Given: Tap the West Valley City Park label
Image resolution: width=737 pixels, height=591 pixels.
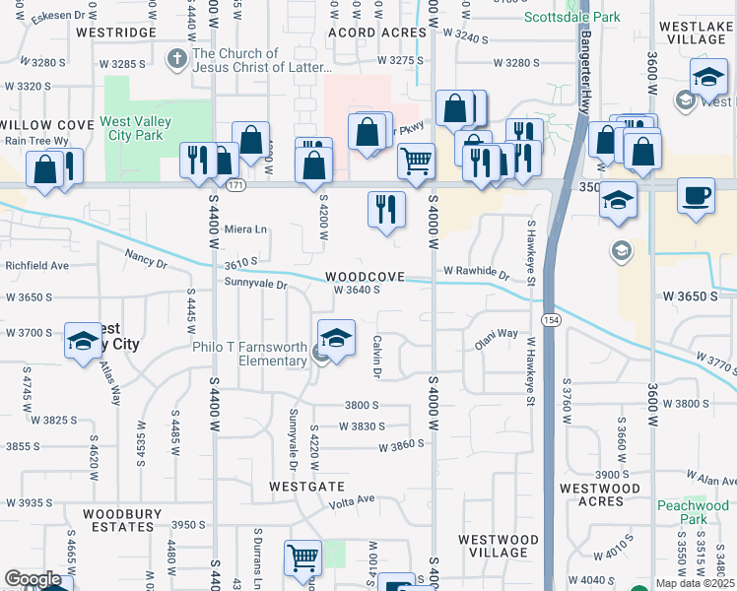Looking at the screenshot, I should pos(135,129).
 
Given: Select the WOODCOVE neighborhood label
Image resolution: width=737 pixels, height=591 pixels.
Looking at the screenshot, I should pos(367,277).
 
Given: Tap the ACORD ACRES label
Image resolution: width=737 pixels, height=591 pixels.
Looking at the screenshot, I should pos(377,33).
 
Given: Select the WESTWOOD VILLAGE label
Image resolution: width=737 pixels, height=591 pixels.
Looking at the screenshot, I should pos(498,546).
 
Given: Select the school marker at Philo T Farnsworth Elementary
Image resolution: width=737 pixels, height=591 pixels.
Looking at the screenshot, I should pos(336,338).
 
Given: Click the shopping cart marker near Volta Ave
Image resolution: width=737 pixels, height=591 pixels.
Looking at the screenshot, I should pos(301,558).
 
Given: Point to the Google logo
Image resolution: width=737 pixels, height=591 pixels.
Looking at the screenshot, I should pos(33,579).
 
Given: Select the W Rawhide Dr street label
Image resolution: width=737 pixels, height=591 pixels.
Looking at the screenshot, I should pos(476,271).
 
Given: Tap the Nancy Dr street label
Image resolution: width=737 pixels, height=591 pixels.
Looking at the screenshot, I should pos(146,259).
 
